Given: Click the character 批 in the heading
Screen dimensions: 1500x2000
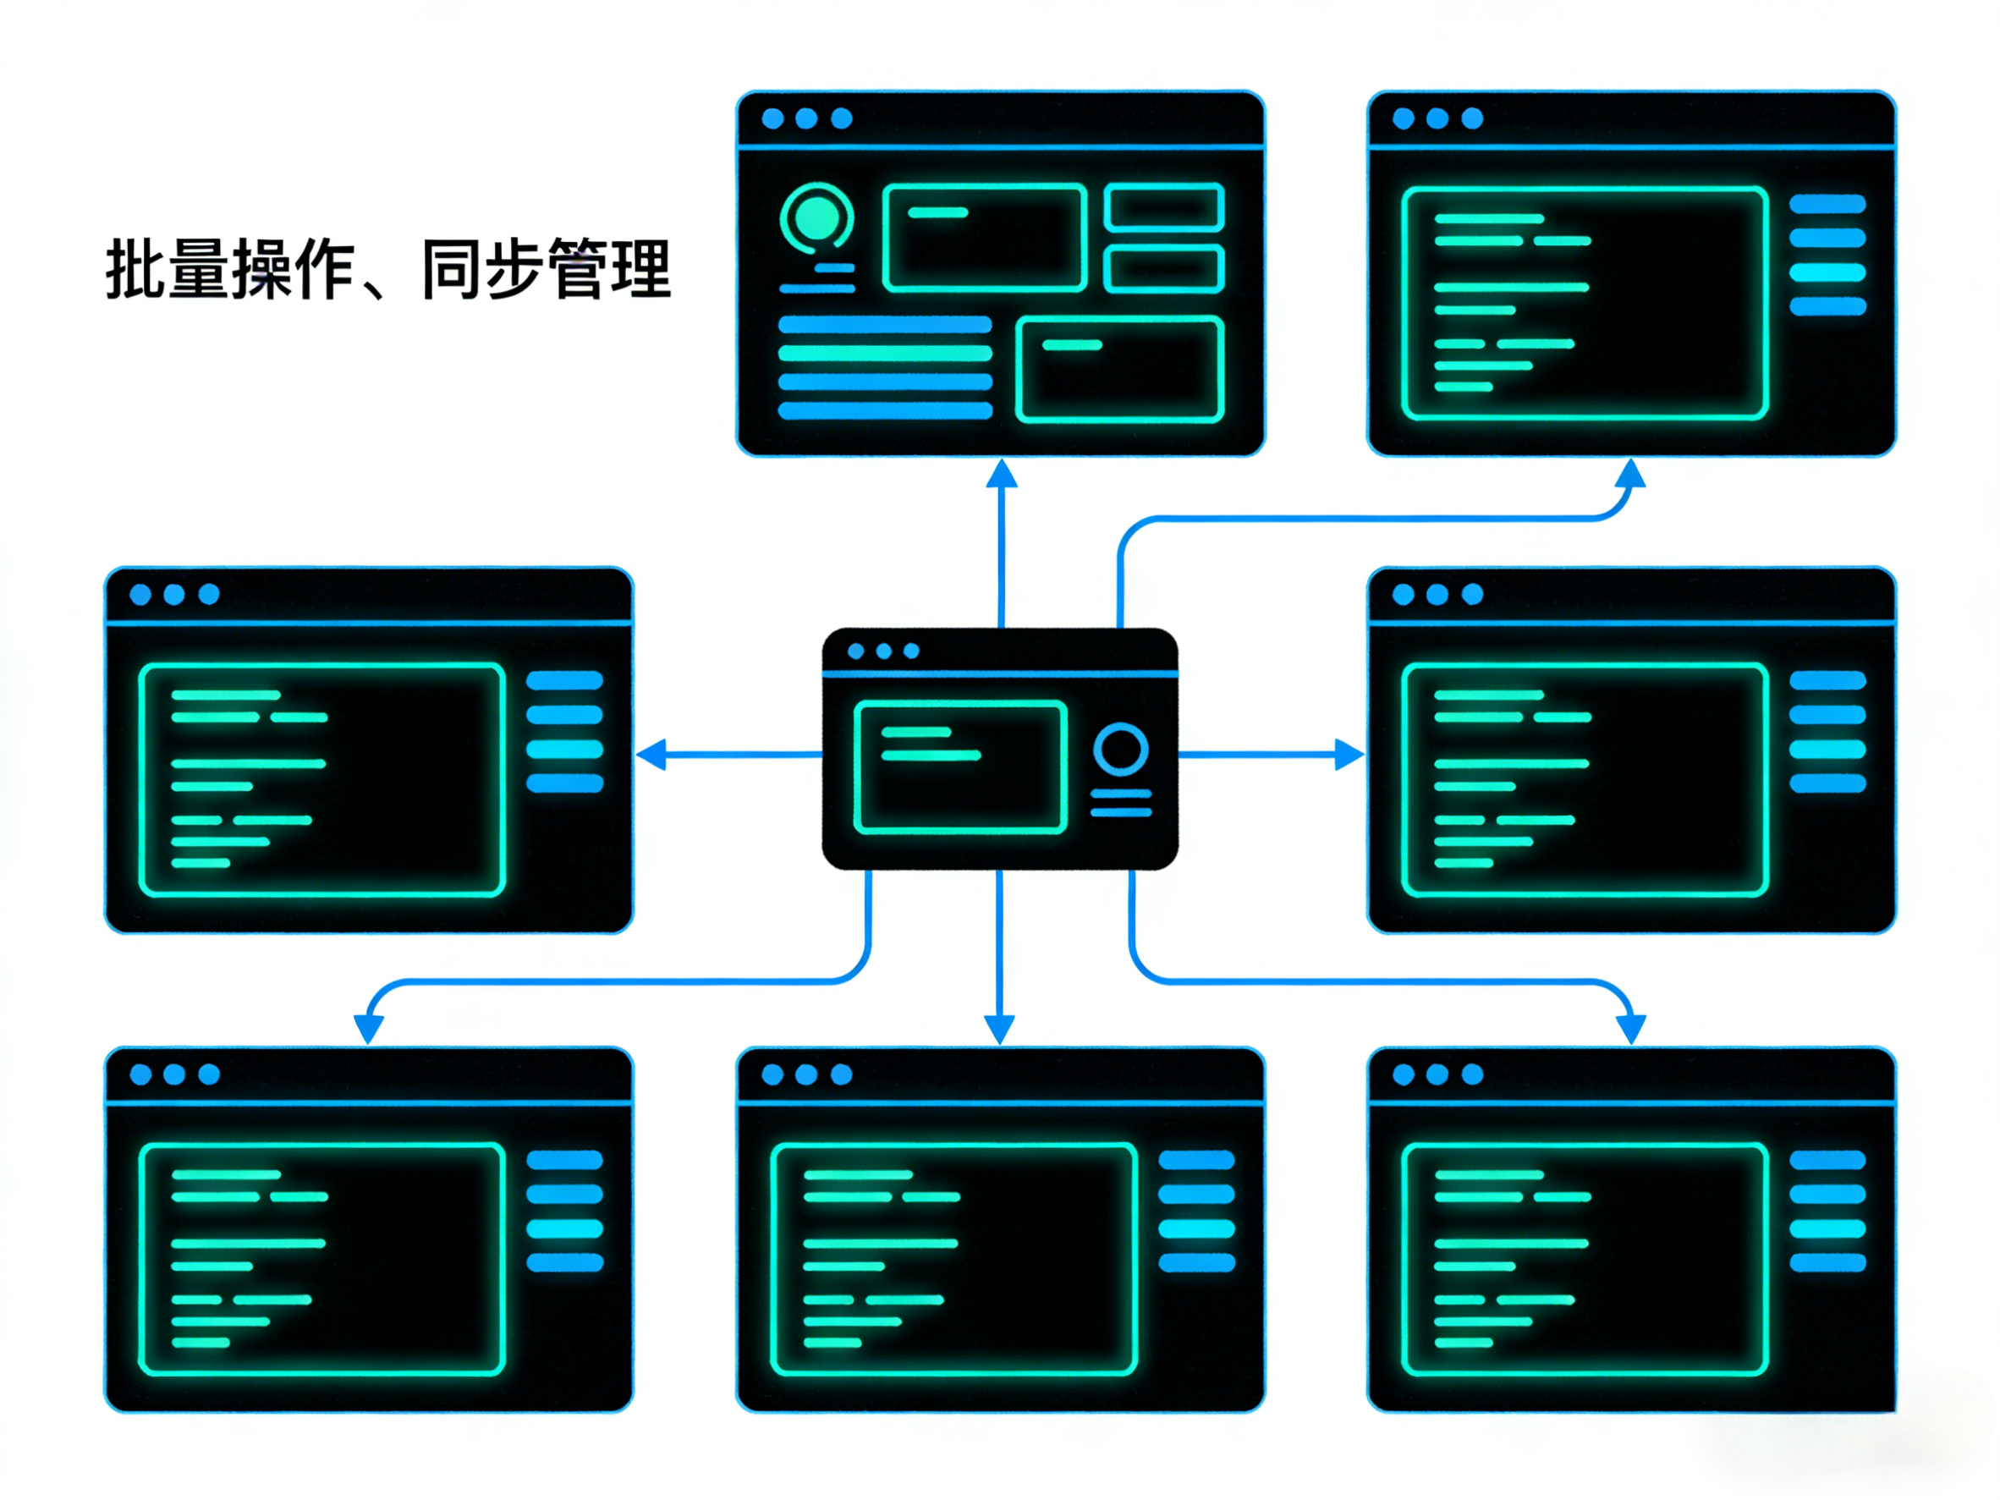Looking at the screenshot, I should point(135,268).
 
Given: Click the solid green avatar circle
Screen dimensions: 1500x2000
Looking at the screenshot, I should point(816,216).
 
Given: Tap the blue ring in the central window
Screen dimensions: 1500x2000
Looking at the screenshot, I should point(1120,749).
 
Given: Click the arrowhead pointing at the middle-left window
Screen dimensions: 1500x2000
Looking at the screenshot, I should point(653,754).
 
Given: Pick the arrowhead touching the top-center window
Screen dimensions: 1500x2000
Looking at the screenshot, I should point(1001,474).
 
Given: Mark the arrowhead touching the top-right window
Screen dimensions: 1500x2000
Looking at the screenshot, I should point(1630,474).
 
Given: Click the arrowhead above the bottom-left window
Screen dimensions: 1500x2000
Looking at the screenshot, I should point(369,1028).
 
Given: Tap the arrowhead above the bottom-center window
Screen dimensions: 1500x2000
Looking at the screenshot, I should point(999,1028).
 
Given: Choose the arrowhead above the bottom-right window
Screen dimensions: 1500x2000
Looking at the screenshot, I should point(1630,1028).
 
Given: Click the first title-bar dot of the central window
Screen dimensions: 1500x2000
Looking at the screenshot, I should point(856,651).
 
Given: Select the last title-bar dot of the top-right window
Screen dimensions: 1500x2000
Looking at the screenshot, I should point(1472,118).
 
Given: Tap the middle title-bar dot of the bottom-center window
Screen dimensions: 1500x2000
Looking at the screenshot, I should point(806,1074).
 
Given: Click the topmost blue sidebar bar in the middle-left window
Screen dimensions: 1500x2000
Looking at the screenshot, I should point(565,681).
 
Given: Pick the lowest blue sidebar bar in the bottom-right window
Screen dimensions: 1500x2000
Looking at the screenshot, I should point(1828,1263).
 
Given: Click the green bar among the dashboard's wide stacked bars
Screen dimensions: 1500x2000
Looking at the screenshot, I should point(885,353).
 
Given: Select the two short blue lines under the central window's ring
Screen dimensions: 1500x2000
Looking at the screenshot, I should point(1121,803).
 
